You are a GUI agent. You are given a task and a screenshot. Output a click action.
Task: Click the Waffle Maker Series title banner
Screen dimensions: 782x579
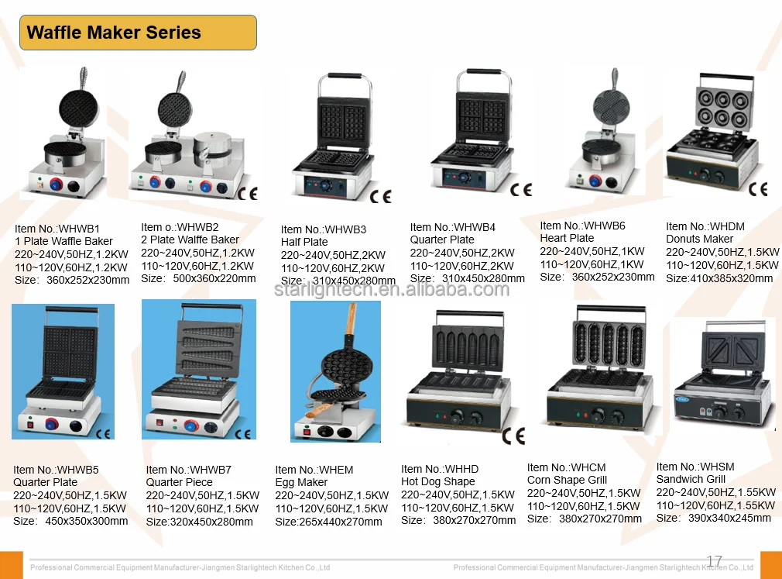pyautogui.click(x=138, y=33)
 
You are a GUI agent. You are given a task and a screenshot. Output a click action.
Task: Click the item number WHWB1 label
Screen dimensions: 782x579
pyautogui.click(x=58, y=229)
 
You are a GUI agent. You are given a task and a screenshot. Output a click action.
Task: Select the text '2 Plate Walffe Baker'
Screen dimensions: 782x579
pyautogui.click(x=190, y=240)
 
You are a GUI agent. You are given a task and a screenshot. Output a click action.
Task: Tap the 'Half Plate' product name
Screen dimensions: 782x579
pyautogui.click(x=304, y=242)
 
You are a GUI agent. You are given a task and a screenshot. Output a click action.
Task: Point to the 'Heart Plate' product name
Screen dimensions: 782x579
pyautogui.click(x=567, y=238)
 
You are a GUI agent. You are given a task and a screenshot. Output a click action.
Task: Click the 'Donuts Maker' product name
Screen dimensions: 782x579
pyautogui.click(x=699, y=239)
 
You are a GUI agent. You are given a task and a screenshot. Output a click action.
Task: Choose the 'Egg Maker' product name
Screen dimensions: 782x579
pyautogui.click(x=301, y=482)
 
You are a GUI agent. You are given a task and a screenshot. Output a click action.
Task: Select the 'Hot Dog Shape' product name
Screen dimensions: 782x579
pyautogui.click(x=438, y=481)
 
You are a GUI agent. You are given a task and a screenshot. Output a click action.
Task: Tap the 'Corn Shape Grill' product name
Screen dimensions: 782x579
pyautogui.click(x=567, y=480)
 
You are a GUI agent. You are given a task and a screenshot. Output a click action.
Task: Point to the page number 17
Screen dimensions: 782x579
pyautogui.click(x=715, y=560)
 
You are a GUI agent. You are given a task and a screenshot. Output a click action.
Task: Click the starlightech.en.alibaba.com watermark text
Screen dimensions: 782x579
pyautogui.click(x=392, y=290)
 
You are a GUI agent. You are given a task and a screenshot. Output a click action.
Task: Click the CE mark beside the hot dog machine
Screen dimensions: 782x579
pyautogui.click(x=513, y=435)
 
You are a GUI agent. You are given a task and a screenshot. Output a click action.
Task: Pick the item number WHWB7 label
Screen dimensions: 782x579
pyautogui.click(x=189, y=470)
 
